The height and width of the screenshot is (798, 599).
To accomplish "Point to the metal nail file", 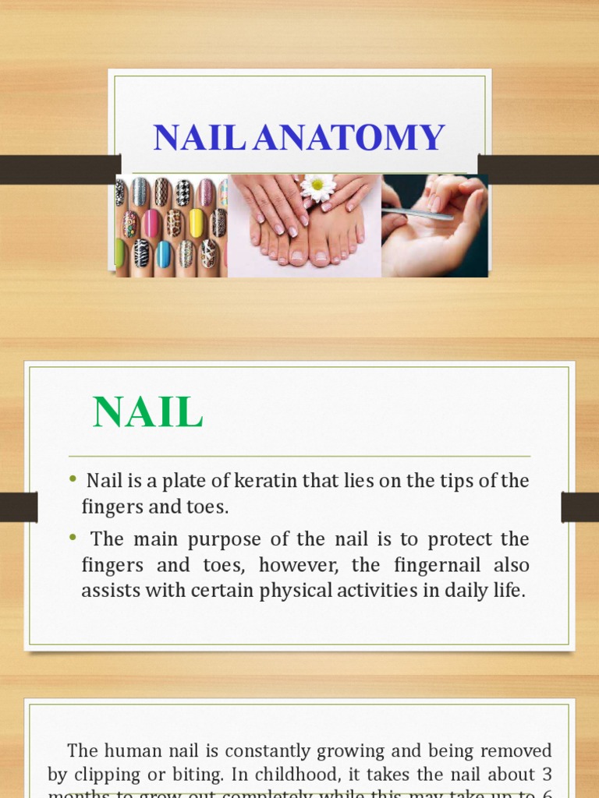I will point(417,213).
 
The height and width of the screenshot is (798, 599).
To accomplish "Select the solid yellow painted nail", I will point(197,223).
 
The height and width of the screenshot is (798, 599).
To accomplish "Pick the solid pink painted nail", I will point(151,224).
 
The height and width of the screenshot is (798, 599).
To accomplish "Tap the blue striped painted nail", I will point(164,253).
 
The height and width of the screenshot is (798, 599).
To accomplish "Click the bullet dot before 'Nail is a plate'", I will point(73,478).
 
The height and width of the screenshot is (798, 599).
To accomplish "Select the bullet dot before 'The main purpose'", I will point(73,536).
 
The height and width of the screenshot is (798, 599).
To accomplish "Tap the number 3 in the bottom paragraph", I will point(548,775).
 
